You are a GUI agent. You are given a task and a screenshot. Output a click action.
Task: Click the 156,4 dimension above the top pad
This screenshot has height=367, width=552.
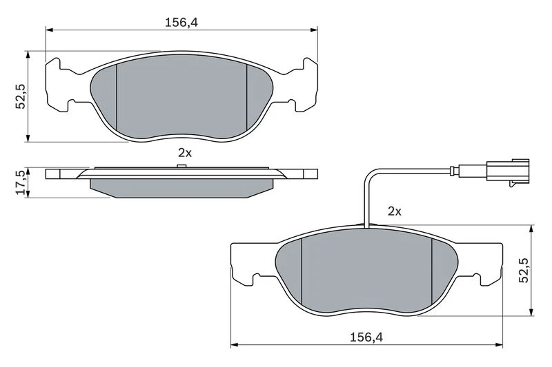pyautogui.click(x=181, y=23)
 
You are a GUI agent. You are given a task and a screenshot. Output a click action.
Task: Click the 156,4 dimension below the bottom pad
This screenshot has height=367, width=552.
pyautogui.click(x=366, y=338)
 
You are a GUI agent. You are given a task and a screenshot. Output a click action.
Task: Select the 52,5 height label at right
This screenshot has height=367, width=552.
pyautogui.click(x=524, y=270)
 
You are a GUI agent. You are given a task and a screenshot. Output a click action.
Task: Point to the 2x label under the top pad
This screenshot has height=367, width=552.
pyautogui.click(x=185, y=153)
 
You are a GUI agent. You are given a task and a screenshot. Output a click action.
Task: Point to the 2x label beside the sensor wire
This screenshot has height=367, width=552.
pyautogui.click(x=394, y=211)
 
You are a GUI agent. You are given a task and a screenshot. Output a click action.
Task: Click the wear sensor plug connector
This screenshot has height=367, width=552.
pyautogui.click(x=508, y=171)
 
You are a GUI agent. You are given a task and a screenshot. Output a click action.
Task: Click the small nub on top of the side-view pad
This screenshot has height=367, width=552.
pyautogui.click(x=181, y=166)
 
